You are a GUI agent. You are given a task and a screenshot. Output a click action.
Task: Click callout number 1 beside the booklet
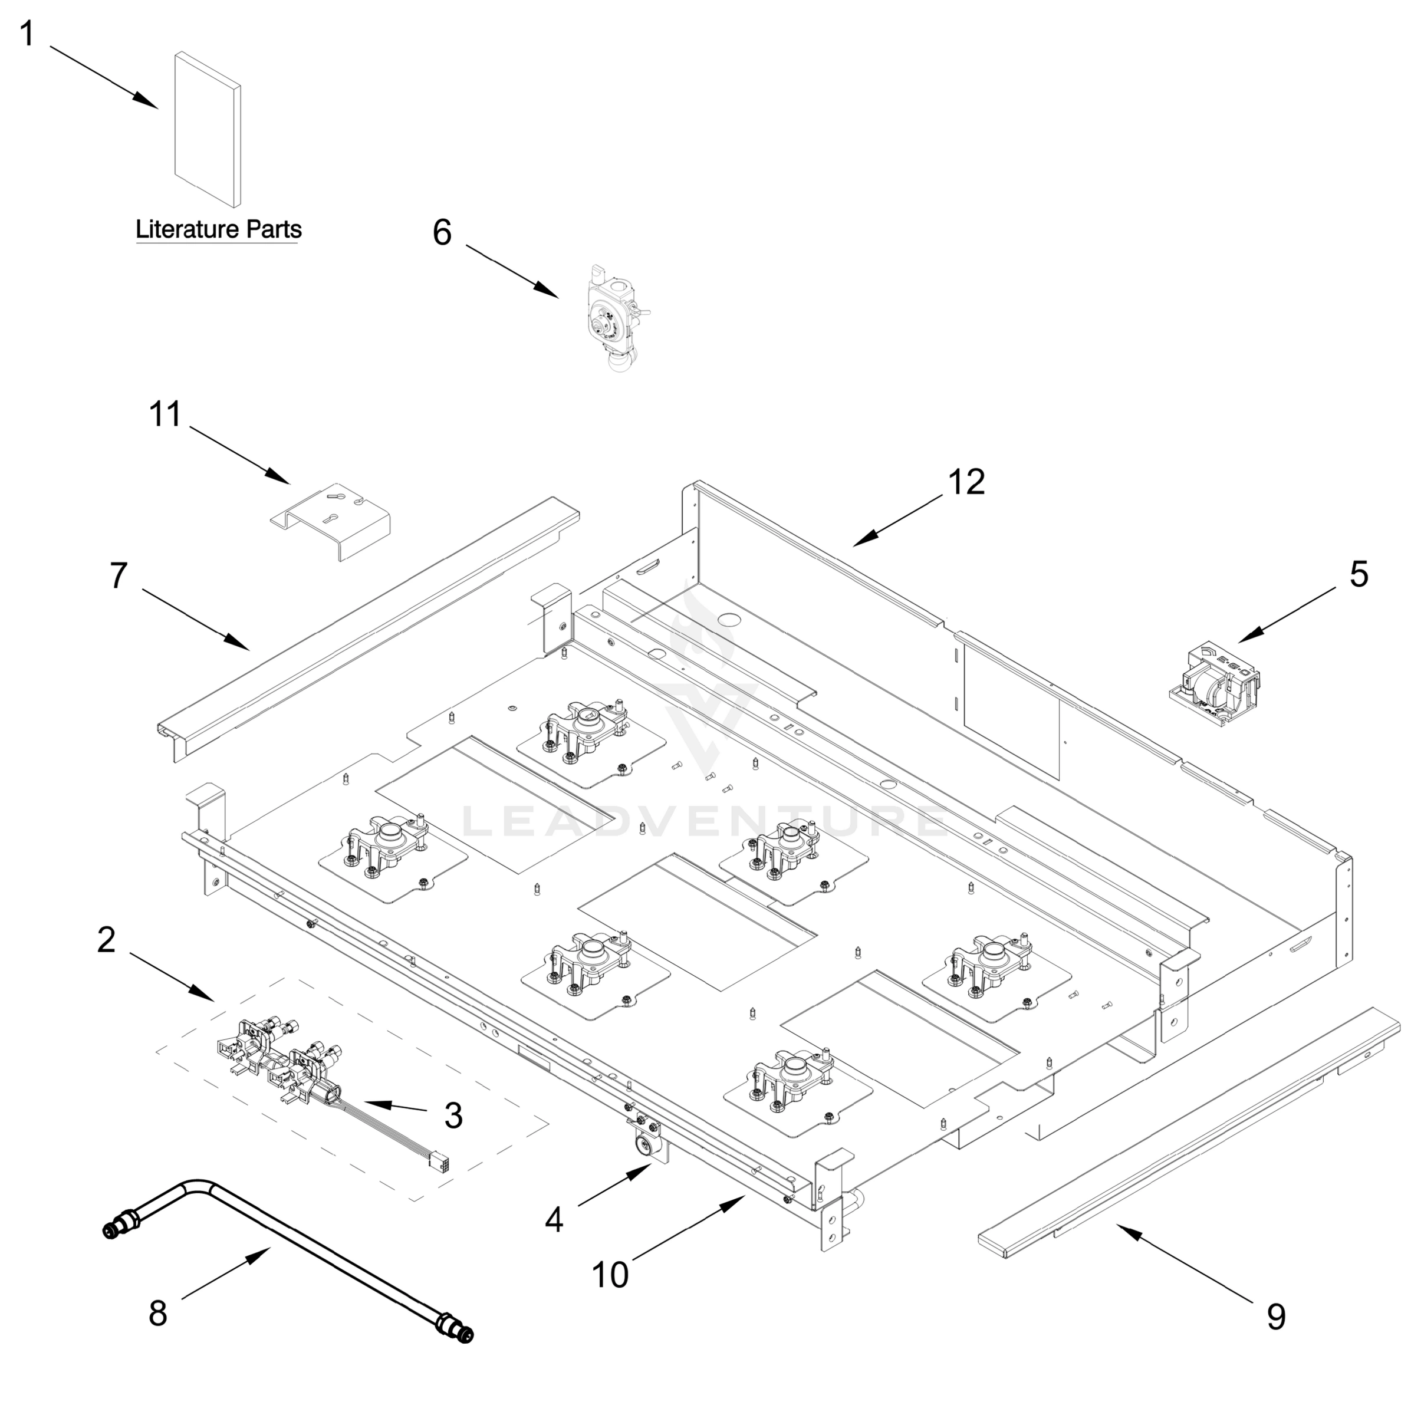(27, 34)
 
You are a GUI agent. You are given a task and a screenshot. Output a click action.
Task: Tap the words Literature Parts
(218, 229)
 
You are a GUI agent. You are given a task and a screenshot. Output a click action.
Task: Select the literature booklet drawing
(208, 129)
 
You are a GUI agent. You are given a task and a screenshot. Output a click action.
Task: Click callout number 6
(442, 233)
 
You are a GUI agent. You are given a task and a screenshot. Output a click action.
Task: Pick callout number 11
(165, 414)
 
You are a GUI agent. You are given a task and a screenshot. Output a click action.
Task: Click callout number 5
(1359, 574)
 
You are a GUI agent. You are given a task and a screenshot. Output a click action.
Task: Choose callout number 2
(106, 940)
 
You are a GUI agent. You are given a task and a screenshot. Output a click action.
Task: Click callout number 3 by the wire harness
(453, 1115)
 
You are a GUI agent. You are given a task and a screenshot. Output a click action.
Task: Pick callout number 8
(157, 1313)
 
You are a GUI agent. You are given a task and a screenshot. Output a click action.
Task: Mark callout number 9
(1276, 1317)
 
